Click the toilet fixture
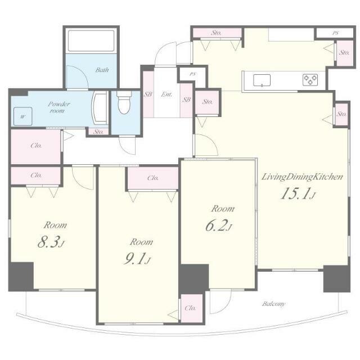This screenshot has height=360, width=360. [124, 102]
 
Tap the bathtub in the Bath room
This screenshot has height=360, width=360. [91, 41]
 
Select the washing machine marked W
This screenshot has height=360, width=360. [22, 116]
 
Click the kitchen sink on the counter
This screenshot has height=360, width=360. [262, 80]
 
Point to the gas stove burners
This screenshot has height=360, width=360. [310, 80]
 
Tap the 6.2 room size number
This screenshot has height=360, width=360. [219, 226]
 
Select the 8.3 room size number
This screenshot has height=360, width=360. [51, 242]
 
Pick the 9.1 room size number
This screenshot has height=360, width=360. [137, 259]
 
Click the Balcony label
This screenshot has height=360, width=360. [274, 304]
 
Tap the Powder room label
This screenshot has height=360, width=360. [58, 107]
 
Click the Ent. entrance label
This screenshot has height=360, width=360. [166, 94]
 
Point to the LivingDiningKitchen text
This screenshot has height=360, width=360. [303, 177]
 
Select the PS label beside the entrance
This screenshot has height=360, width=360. [192, 74]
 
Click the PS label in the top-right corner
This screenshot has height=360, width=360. [335, 33]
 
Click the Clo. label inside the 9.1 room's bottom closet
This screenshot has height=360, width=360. [190, 308]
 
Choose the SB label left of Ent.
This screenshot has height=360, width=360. [148, 94]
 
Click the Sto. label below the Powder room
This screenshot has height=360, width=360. [98, 132]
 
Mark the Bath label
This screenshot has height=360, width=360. [102, 70]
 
